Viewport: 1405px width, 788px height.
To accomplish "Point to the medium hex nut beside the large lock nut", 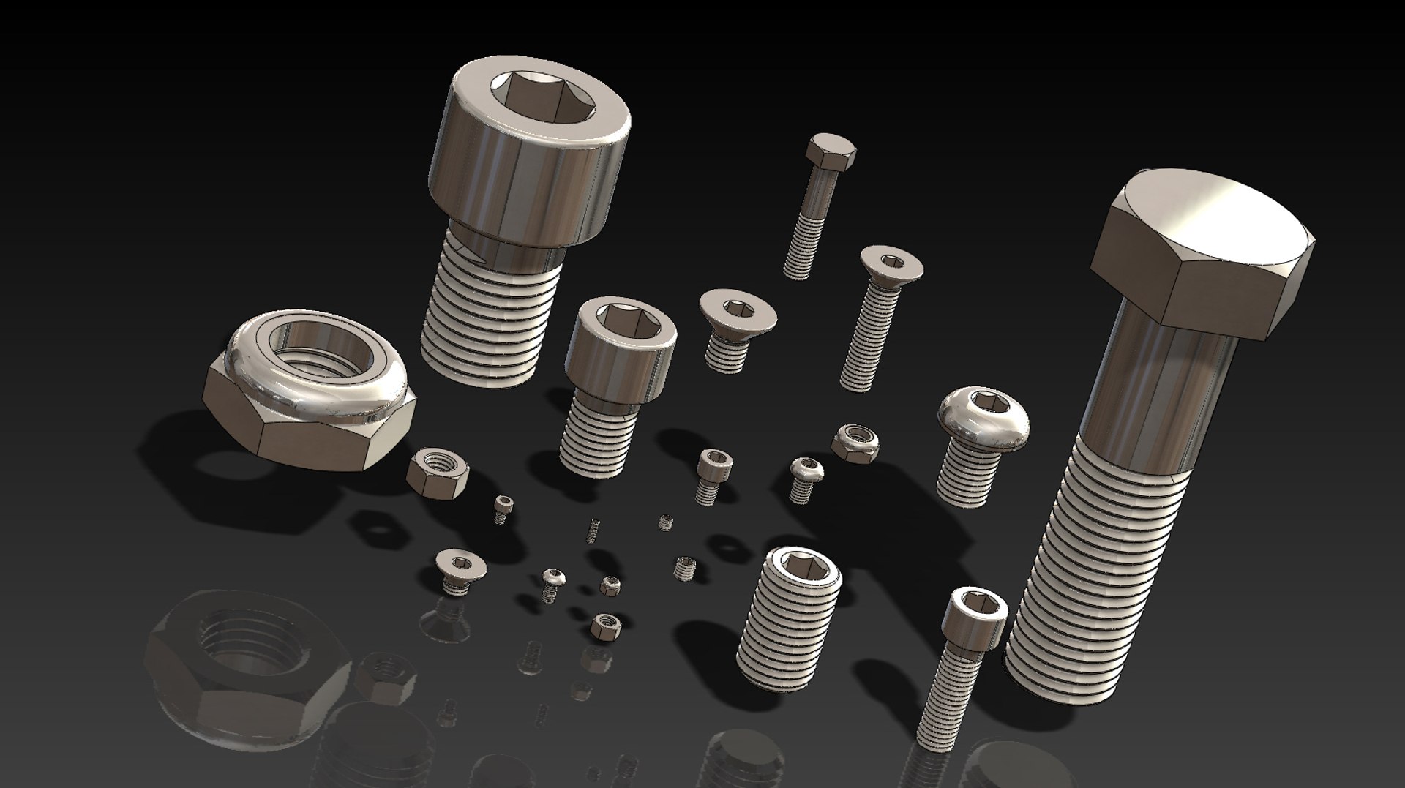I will click(437, 473).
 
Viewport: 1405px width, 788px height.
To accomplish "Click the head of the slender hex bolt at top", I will click(831, 151).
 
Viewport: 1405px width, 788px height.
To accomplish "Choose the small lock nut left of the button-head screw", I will click(855, 441).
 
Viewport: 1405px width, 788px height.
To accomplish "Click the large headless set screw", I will click(787, 618).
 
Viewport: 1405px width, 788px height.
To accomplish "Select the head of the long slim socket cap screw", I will click(977, 618).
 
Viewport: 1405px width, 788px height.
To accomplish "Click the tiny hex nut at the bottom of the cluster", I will click(605, 626).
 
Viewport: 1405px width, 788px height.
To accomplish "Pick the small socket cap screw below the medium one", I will click(713, 474).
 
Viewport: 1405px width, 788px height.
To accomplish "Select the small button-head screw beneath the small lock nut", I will click(805, 477).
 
